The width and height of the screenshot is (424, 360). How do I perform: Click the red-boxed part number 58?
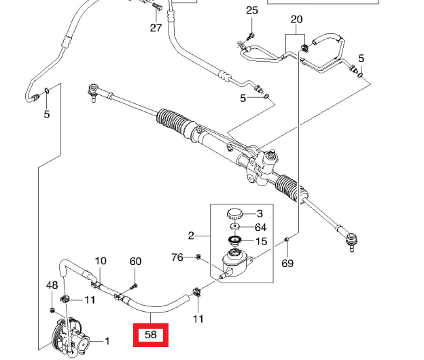point(151,335)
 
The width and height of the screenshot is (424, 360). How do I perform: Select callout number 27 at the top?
point(156,28)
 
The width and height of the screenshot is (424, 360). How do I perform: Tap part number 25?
point(252,11)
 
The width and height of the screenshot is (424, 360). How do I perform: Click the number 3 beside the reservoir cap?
point(259,213)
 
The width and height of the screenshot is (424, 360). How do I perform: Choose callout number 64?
point(261,228)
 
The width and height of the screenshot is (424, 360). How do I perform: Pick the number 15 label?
point(261,241)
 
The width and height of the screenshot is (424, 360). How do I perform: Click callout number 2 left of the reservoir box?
point(192,236)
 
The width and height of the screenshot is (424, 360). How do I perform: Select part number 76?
point(177,257)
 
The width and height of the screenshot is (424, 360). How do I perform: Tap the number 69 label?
point(287,263)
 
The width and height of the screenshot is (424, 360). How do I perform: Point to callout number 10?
point(101,261)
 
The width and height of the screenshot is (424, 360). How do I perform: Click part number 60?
point(136,262)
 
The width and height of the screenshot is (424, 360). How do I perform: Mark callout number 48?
point(52,285)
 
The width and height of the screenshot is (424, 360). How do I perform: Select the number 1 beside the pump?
point(106,342)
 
